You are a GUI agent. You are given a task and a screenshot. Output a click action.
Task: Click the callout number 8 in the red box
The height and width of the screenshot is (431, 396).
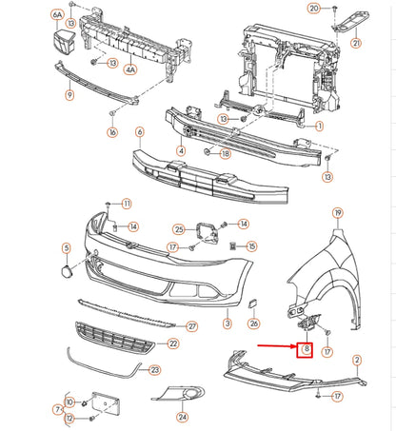[x=306, y=349]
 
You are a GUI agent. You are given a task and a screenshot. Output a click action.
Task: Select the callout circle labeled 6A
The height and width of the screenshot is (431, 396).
[x=58, y=16]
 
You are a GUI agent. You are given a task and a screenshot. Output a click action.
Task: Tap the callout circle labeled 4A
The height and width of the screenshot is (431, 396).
[x=130, y=69]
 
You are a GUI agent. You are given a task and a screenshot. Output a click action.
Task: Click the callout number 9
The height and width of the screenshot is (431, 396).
[x=69, y=94]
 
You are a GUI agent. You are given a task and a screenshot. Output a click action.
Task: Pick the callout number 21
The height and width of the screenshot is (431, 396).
[x=357, y=43]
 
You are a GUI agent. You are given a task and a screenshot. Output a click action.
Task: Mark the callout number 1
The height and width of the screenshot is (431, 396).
[x=320, y=126]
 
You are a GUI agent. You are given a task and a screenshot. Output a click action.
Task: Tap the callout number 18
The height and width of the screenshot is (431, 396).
[x=225, y=153]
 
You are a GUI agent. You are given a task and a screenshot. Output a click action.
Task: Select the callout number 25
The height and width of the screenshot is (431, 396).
[x=179, y=229]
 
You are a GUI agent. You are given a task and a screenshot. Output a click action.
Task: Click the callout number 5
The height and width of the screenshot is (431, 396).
[x=66, y=248]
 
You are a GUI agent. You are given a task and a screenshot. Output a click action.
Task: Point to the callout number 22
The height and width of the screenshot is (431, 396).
[x=172, y=343]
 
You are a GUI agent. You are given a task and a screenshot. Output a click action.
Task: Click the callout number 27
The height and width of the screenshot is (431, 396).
[x=191, y=326]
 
